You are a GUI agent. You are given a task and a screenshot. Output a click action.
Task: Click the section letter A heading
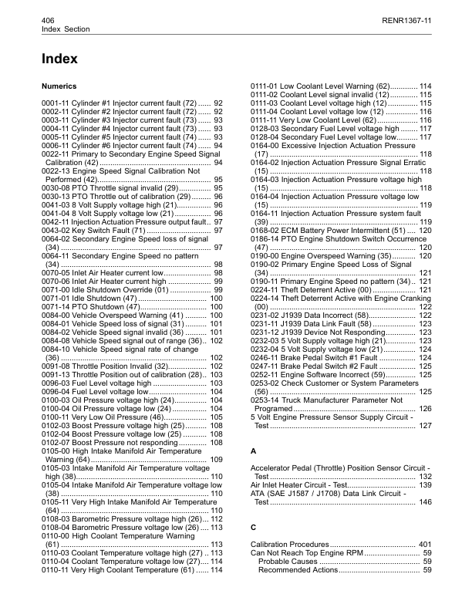click(x=254, y=449)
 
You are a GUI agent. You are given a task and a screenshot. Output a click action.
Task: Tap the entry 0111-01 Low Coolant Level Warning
click(x=324, y=85)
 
